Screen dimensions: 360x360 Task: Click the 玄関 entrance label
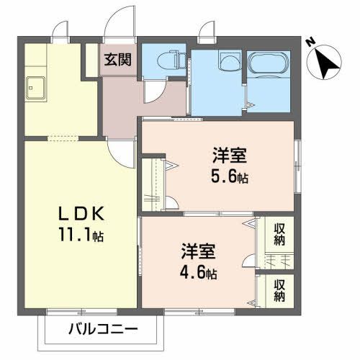point(117,60)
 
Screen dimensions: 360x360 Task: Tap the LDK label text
point(82,214)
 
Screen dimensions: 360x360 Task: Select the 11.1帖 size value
point(82,235)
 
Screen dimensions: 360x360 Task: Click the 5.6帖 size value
point(229,176)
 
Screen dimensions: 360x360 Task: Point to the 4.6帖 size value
point(198,273)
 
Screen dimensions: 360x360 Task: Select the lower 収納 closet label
point(279,289)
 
